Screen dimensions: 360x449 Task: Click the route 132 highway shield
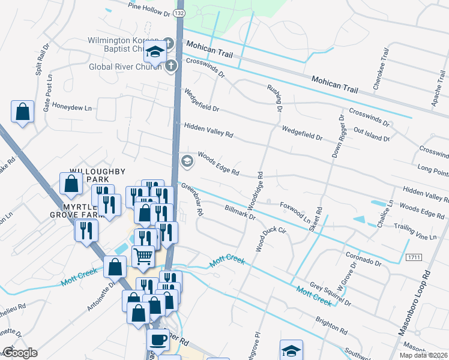[x=179, y=13]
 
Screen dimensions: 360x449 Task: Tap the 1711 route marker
[x=412, y=257]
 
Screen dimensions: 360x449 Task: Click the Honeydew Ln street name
[x=71, y=109]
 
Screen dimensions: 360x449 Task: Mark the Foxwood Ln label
[x=295, y=211]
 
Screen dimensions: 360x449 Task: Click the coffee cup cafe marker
[x=158, y=340]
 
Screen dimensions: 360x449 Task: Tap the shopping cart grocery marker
[x=143, y=256]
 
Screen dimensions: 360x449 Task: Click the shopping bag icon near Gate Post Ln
[x=22, y=112]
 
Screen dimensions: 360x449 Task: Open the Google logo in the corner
[x=19, y=353]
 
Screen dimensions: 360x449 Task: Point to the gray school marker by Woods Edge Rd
[x=187, y=160]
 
